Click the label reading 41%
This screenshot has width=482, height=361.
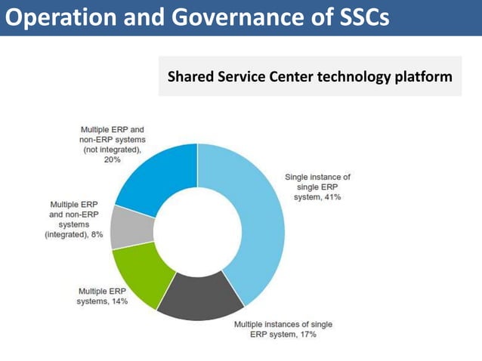[332, 197]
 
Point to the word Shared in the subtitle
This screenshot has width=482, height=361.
[187, 76]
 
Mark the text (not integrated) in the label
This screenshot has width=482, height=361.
[113, 150]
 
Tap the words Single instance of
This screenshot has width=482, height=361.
[317, 177]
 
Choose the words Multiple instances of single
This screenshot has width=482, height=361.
[283, 325]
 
